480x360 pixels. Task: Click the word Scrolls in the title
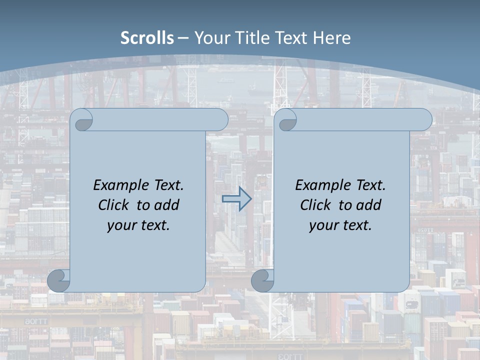(x=147, y=38)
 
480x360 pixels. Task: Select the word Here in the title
(x=331, y=38)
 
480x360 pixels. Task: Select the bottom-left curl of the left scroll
(x=59, y=281)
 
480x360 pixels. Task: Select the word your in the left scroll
(x=120, y=225)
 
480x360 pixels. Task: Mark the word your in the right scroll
(x=322, y=225)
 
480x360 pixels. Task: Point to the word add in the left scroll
(x=166, y=205)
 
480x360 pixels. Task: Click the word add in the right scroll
(x=368, y=205)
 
